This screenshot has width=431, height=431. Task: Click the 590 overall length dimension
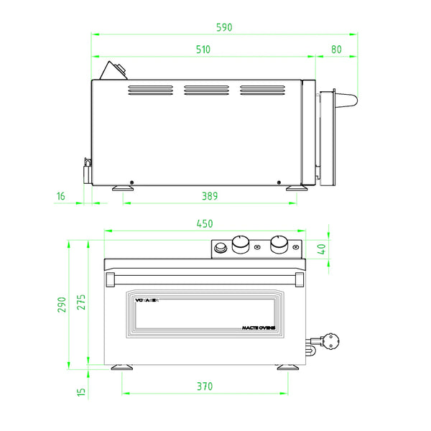click(x=225, y=27)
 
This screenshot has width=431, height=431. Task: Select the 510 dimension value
click(x=203, y=50)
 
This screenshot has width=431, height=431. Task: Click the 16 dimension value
click(x=60, y=195)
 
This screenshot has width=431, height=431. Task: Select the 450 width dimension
click(x=205, y=223)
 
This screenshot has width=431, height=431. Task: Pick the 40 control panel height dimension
click(x=321, y=249)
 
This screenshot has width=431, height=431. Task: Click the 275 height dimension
click(x=80, y=302)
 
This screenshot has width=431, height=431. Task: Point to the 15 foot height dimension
click(x=80, y=391)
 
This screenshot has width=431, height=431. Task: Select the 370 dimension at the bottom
click(x=205, y=386)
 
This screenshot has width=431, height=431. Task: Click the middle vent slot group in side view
click(x=205, y=91)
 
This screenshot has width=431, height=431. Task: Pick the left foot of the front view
click(x=122, y=368)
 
